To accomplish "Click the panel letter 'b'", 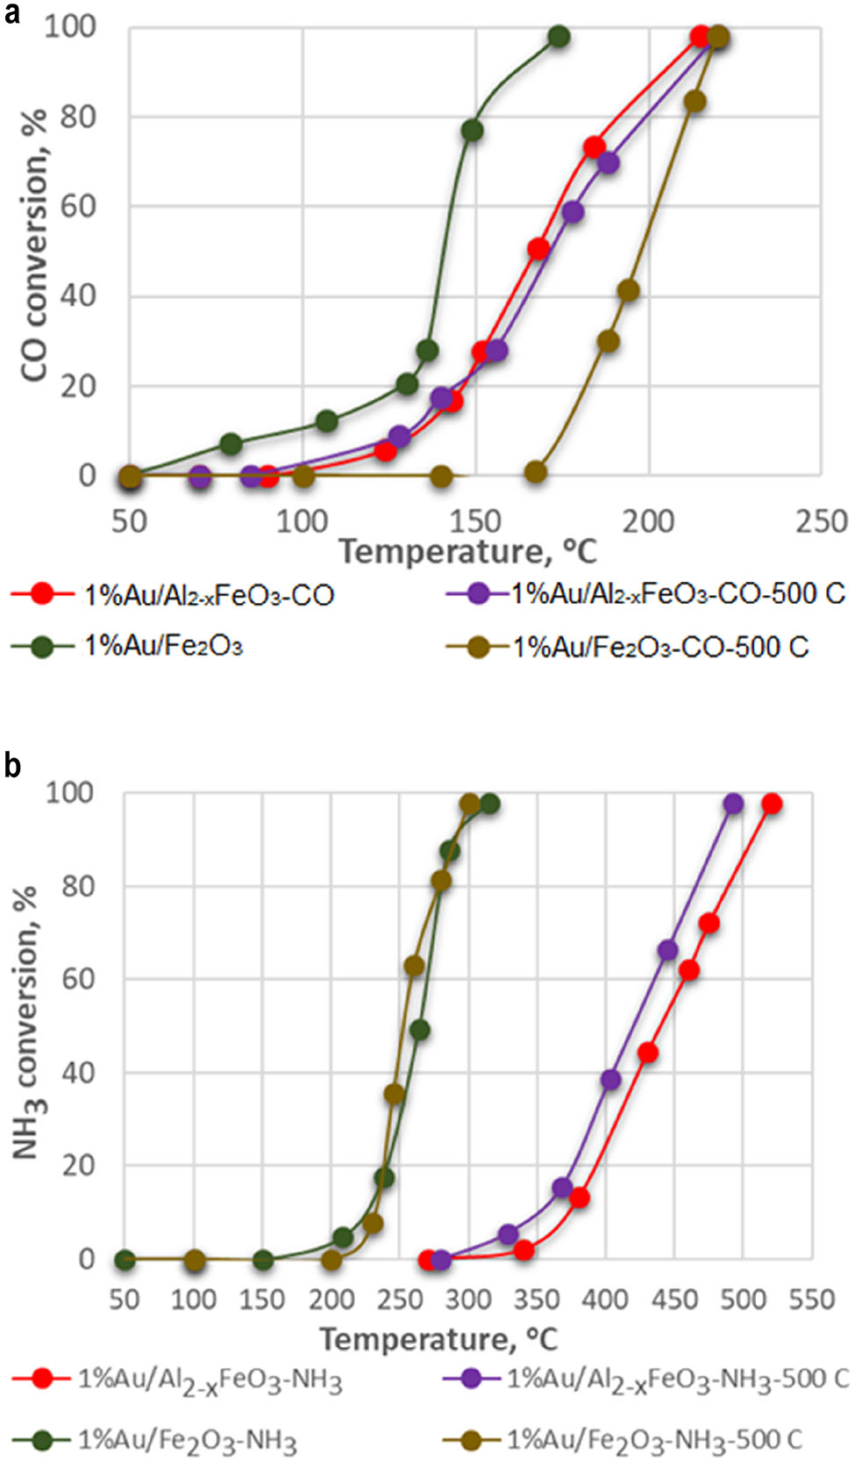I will pos(12,764).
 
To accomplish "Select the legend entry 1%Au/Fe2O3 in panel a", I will pos(162,647).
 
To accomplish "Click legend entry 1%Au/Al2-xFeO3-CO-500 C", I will pos(677,594).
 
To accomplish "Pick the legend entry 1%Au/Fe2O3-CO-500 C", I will pos(659,648).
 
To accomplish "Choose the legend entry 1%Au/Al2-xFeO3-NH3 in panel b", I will pos(210,1380).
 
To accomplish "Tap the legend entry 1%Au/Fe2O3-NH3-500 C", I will pos(653,1439).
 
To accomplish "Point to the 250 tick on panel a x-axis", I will pos(821,522).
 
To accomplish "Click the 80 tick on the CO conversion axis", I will pos(78,117).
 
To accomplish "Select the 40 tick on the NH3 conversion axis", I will pos(78,1073).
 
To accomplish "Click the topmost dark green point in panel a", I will pos(559,37).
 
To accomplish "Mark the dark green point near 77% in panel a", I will pos(472,131).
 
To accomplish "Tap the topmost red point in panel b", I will pos(771,805).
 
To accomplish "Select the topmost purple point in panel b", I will pos(733,805).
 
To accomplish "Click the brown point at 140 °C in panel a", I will pos(441,477).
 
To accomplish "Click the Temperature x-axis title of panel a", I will pos(468,551).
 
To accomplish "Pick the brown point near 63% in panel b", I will pos(414,967).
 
